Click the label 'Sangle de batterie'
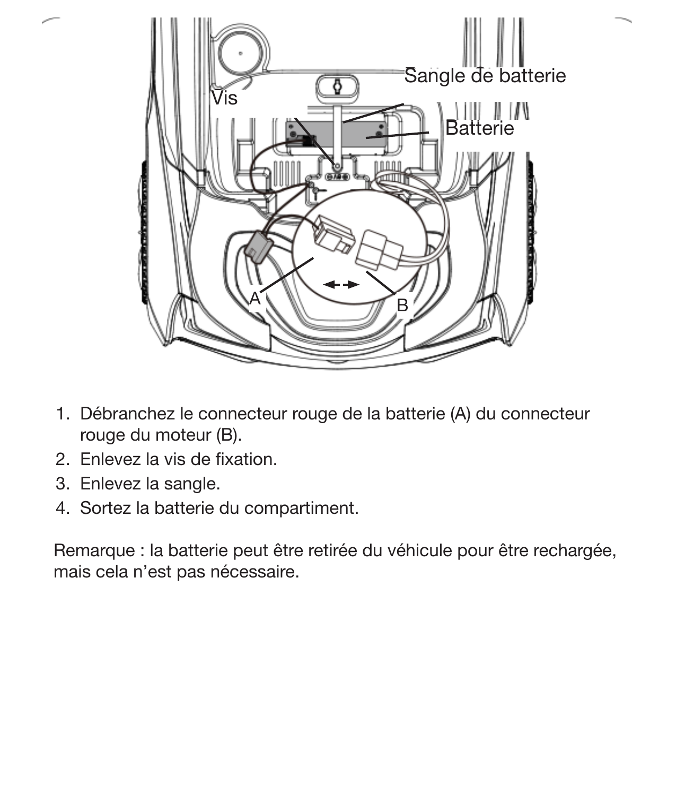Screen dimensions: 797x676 [x=485, y=76]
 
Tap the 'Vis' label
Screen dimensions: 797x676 [x=224, y=98]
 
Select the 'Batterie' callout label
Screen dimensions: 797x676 [x=479, y=128]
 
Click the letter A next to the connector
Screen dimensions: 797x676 [x=255, y=299]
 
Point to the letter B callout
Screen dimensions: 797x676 [x=402, y=305]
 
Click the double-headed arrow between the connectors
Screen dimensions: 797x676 [x=341, y=285]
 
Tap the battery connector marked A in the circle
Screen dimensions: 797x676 [x=334, y=235]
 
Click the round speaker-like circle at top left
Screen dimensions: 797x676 [x=241, y=52]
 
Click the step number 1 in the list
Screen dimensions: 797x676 [x=62, y=414]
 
